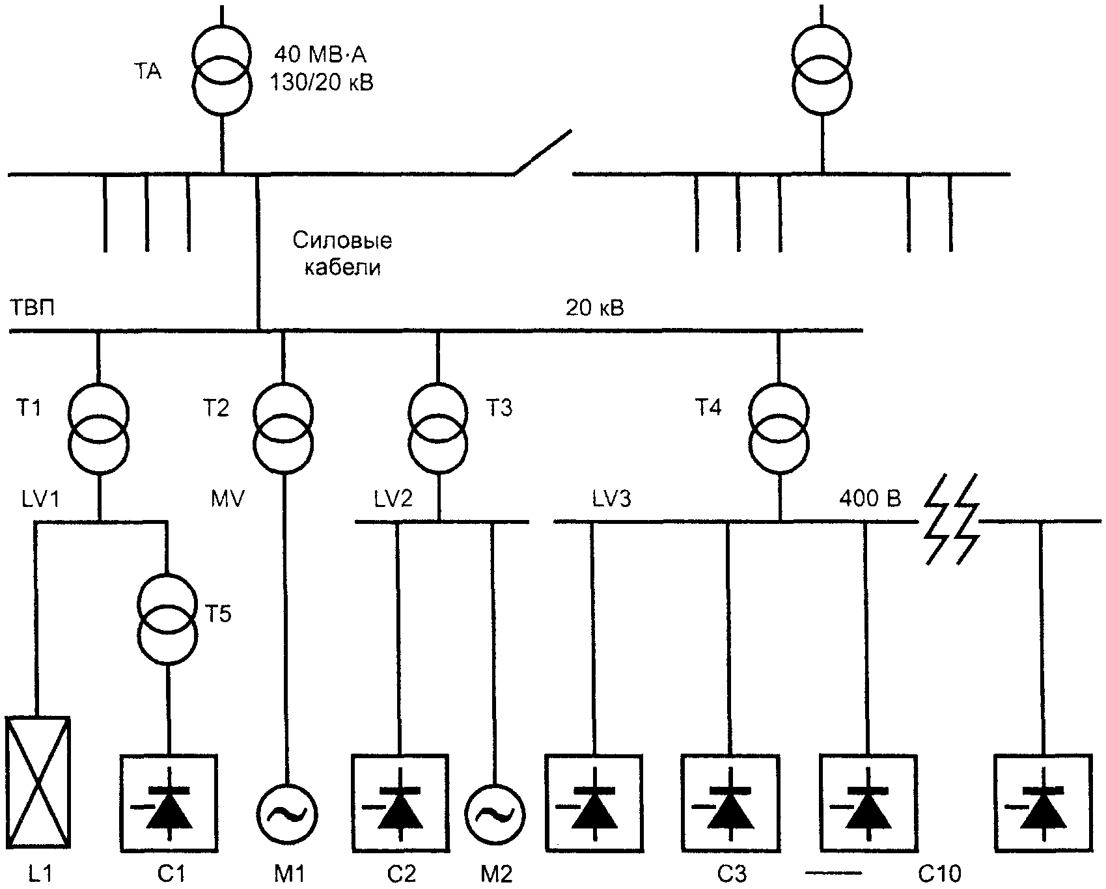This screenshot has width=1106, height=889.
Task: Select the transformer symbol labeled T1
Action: (x=98, y=429)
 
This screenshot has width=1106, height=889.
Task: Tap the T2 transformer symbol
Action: (x=283, y=428)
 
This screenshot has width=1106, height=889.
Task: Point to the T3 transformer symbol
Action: (x=437, y=428)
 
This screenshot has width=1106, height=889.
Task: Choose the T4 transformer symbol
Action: (x=779, y=429)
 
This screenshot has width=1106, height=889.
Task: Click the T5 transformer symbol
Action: (x=167, y=619)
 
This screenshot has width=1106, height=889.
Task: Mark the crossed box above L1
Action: (x=37, y=780)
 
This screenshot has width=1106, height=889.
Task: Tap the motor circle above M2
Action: (x=495, y=814)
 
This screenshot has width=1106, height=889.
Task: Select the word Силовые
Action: (x=342, y=241)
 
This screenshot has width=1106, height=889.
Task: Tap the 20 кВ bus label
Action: (x=595, y=307)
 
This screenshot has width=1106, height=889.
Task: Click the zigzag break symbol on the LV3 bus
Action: (x=952, y=519)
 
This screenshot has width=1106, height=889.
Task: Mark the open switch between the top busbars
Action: (x=543, y=153)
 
